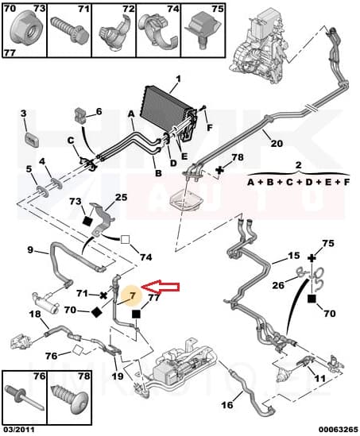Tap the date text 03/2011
click(x=19, y=430)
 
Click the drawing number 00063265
click(x=336, y=430)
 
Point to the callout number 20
click(x=276, y=144)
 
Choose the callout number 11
click(x=319, y=380)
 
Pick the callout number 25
click(x=121, y=197)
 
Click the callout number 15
click(x=293, y=257)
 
